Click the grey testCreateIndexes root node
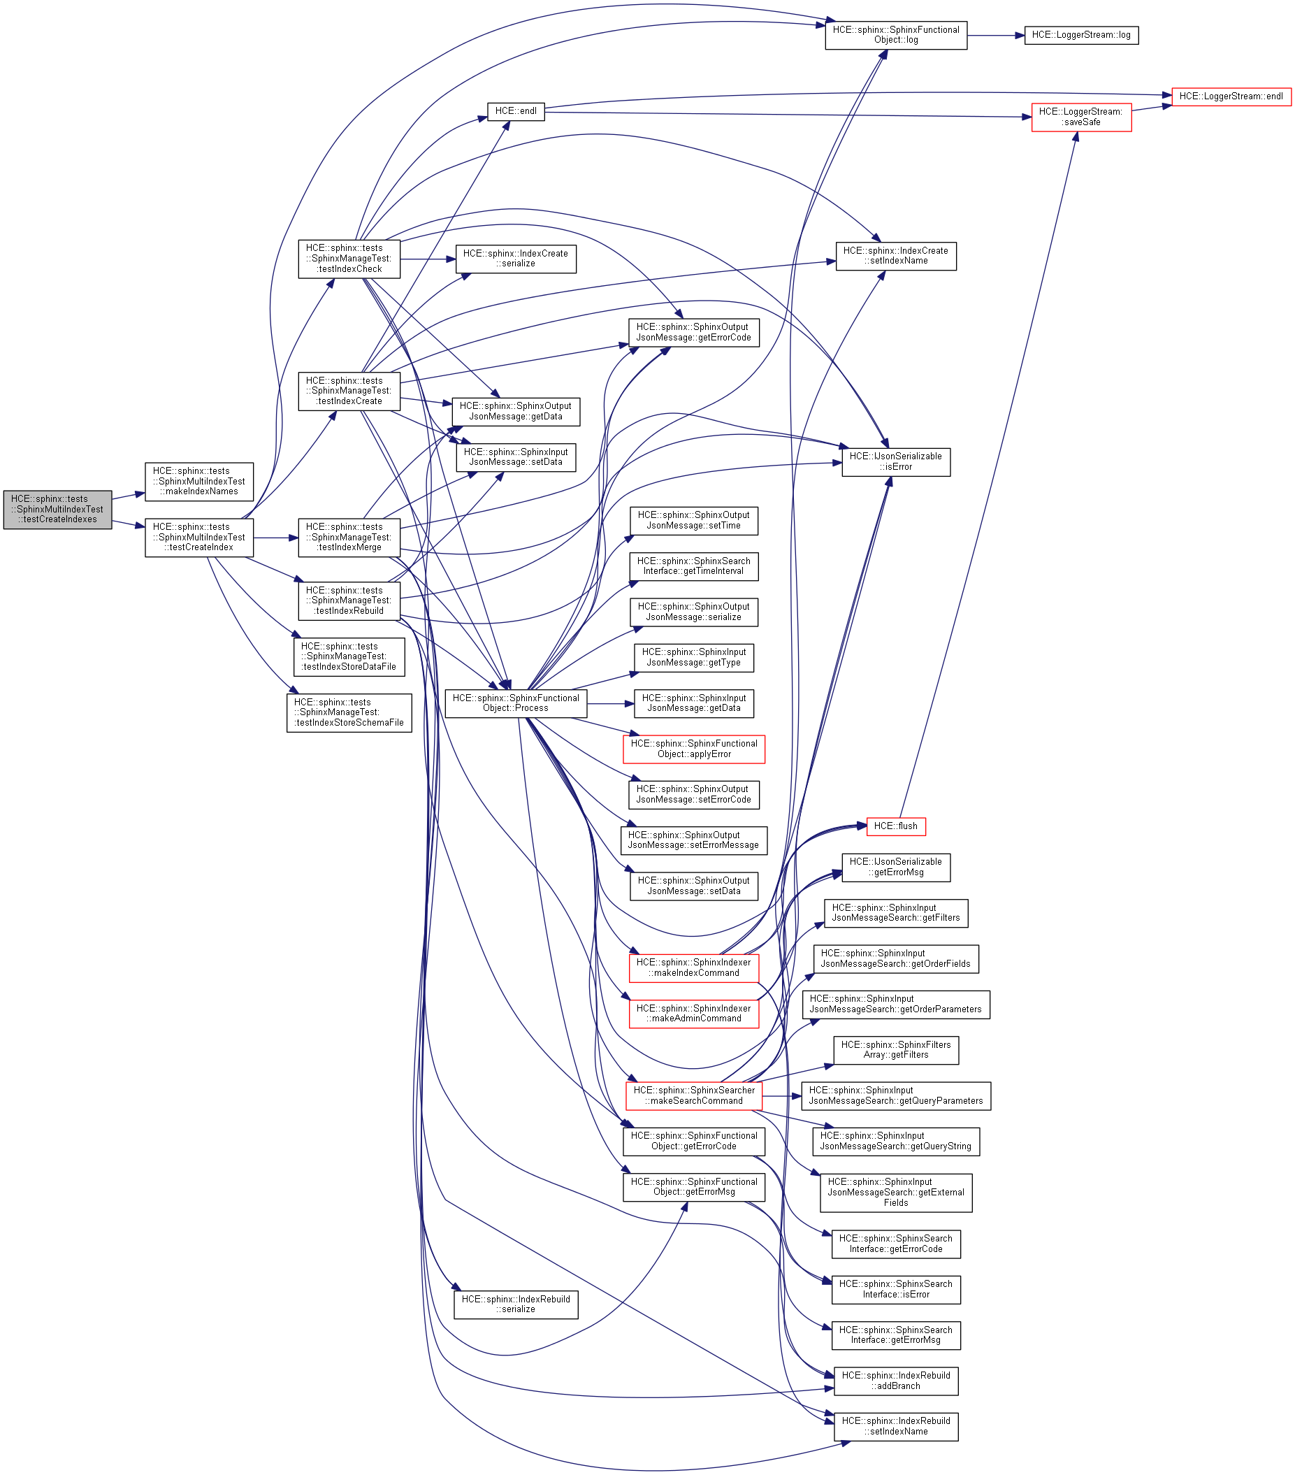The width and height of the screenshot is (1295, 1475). tap(57, 509)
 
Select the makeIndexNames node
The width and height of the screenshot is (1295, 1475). tap(198, 482)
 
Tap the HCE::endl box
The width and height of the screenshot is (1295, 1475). tap(515, 111)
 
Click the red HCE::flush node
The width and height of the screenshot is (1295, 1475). tap(895, 826)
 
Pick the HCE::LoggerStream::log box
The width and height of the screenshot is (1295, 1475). tap(1080, 35)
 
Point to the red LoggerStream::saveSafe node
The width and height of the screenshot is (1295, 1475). tap(1080, 117)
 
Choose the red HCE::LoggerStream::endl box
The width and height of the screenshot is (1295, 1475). tap(1230, 96)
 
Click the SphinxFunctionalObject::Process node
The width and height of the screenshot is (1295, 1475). tap(515, 703)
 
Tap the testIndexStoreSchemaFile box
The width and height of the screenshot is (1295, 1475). tap(349, 712)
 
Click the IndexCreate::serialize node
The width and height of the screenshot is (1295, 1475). tap(515, 259)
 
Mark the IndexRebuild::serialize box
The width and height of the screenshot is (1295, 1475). tap(515, 1304)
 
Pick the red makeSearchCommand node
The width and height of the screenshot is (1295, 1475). tap(693, 1095)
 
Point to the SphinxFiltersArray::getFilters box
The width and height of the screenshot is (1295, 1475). tap(895, 1049)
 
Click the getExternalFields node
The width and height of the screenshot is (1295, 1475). tap(895, 1192)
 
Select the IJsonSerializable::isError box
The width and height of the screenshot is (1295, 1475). tap(895, 461)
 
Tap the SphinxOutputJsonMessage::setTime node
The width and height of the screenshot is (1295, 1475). tap(693, 520)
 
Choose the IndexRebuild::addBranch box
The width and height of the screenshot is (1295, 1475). tap(895, 1381)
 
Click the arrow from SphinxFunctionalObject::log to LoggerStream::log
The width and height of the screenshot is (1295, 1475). tap(995, 35)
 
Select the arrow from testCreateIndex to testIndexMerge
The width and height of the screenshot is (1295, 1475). tap(275, 538)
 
